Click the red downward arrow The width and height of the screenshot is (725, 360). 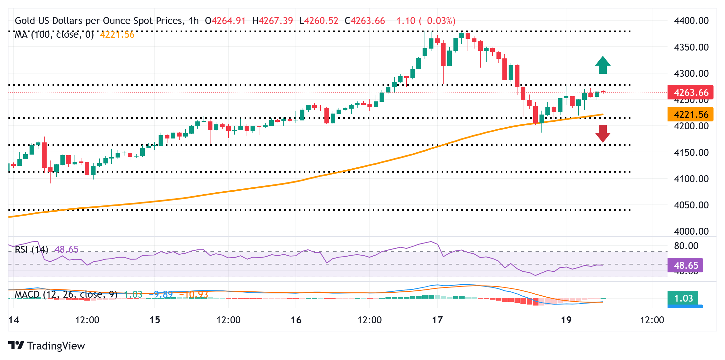[x=603, y=133]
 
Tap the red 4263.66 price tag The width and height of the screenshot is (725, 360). [x=690, y=93]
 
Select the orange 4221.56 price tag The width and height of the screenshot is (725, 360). [x=690, y=115]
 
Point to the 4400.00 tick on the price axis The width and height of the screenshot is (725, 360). [x=691, y=21]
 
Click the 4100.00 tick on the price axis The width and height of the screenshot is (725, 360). [x=691, y=179]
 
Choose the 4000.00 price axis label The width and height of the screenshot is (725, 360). [x=691, y=231]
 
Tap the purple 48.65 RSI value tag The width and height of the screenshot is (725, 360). [x=685, y=265]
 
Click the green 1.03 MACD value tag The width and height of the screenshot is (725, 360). [x=683, y=298]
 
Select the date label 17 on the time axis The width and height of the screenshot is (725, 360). [x=437, y=320]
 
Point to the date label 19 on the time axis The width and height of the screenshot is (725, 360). [x=566, y=320]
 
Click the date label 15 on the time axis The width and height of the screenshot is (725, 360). [x=155, y=320]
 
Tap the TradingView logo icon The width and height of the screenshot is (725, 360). [x=16, y=346]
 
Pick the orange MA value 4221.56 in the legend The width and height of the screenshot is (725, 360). [x=117, y=34]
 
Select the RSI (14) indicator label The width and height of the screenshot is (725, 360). [x=32, y=249]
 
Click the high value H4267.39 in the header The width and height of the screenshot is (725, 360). [x=273, y=21]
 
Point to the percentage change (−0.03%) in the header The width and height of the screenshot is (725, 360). [x=437, y=21]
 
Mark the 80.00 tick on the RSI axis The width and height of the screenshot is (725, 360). [x=686, y=246]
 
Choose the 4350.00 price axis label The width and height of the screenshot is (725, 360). [x=691, y=47]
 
